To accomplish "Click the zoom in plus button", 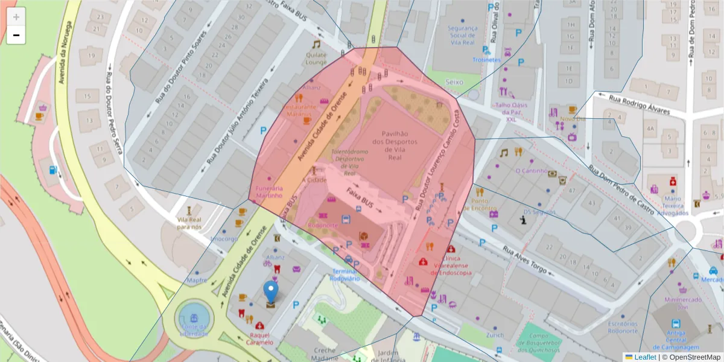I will click(16, 16).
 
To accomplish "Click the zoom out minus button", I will click(16, 36).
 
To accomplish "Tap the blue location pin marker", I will click(271, 291).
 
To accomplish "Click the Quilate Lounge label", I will click(316, 59).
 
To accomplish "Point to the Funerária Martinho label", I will click(269, 192).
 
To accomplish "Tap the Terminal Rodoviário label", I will click(346, 275).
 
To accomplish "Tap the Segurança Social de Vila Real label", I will click(463, 36).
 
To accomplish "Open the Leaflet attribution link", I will click(644, 357).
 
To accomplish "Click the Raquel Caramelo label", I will click(259, 338).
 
